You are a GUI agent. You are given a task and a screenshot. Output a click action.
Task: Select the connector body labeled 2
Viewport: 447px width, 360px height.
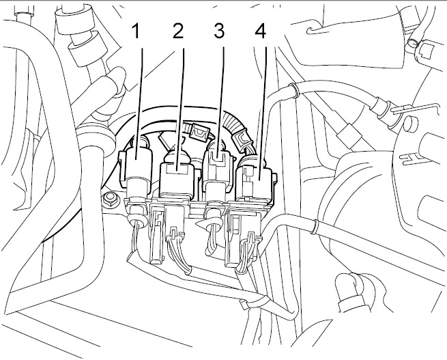point(177,178)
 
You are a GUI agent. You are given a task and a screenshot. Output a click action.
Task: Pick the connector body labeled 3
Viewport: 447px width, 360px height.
point(218,171)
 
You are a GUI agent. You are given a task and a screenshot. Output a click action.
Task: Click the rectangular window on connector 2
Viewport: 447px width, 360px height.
point(177,170)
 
